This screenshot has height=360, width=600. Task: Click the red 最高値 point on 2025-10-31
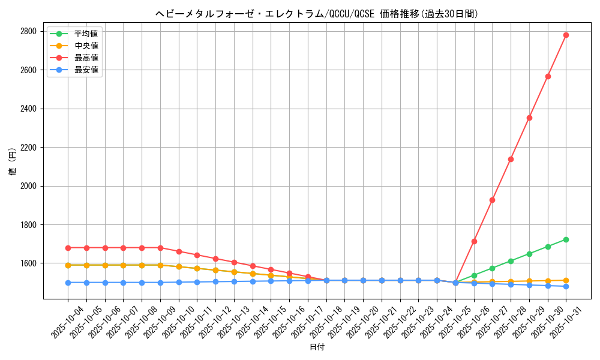coord(566,35)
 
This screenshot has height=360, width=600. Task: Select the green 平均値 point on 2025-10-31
coord(566,239)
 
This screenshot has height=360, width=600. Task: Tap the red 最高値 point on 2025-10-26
coord(474,241)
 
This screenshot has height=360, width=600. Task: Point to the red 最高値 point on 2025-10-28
coord(511,159)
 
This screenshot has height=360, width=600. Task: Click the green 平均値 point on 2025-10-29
coord(529,254)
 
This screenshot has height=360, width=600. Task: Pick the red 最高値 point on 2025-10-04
coord(68,248)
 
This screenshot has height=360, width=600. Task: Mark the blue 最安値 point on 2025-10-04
coord(68,283)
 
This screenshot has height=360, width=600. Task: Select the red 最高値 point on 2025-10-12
coord(215,259)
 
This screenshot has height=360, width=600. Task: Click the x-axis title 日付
coord(317,347)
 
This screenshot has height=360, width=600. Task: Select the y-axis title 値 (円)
coord(13,163)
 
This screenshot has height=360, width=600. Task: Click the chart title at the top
coord(317,14)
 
